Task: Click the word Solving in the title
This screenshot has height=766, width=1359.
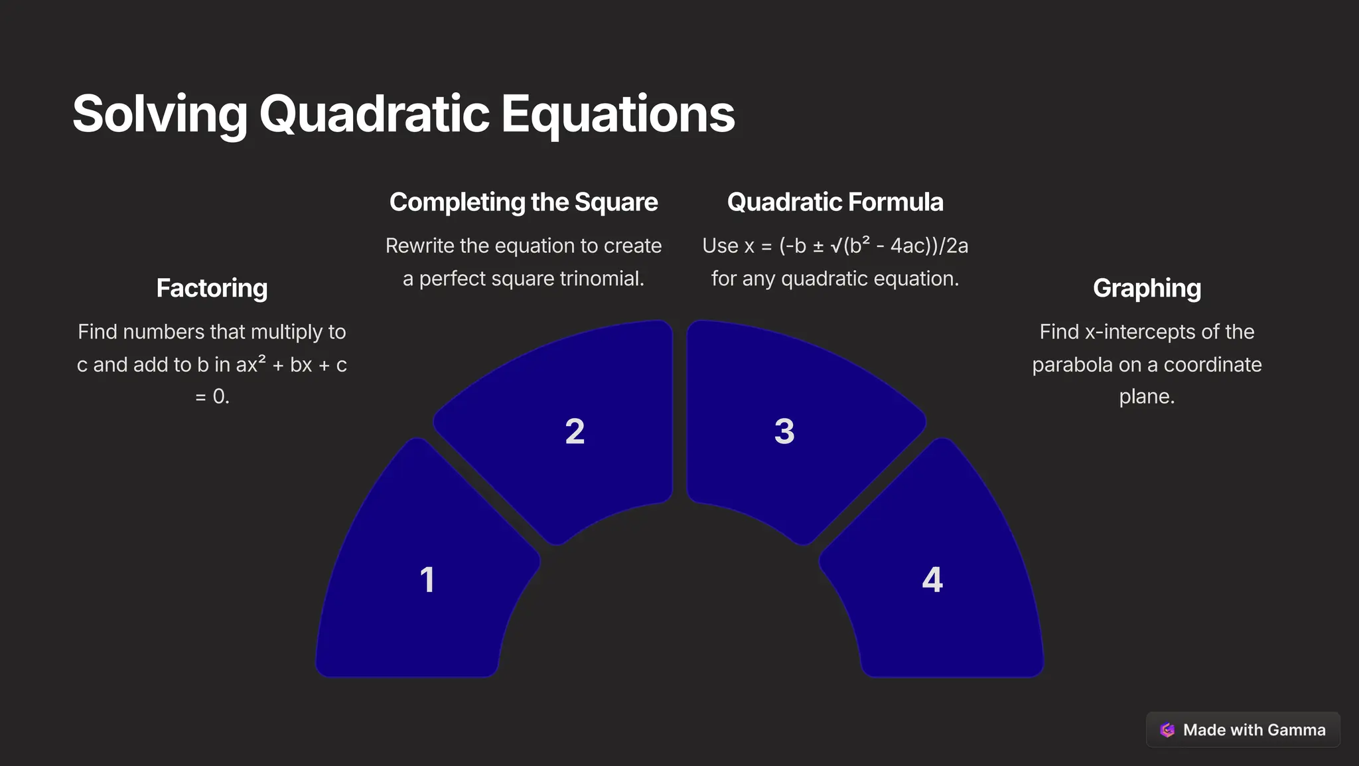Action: click(159, 114)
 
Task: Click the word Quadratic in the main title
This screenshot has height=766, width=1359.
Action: click(374, 114)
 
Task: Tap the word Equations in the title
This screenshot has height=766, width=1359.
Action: click(617, 114)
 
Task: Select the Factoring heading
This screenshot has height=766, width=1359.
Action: click(212, 288)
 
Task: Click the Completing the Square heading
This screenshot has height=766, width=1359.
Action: click(523, 202)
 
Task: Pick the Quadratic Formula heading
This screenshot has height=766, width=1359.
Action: click(835, 202)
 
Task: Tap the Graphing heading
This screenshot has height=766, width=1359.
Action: click(1147, 288)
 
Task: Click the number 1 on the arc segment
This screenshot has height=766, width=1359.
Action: click(427, 579)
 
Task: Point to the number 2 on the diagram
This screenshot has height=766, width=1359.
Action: click(575, 431)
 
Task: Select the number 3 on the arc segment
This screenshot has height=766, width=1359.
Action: click(784, 431)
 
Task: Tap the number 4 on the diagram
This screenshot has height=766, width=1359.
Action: click(932, 579)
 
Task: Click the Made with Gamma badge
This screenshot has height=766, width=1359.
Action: click(1242, 729)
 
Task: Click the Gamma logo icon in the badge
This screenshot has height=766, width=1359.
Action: click(1167, 730)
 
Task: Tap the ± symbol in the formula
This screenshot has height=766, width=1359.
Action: click(818, 246)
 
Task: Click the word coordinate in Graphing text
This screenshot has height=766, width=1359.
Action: click(1212, 365)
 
